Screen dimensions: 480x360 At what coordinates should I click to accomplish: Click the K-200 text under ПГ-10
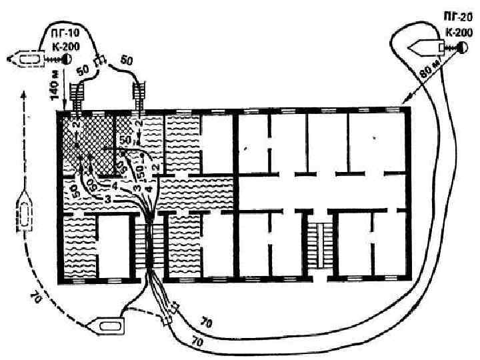64,45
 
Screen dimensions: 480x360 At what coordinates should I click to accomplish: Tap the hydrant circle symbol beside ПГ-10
67,59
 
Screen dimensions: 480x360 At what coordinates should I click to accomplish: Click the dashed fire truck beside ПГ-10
26,59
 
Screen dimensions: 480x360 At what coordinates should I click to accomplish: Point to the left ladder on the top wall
77,95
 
